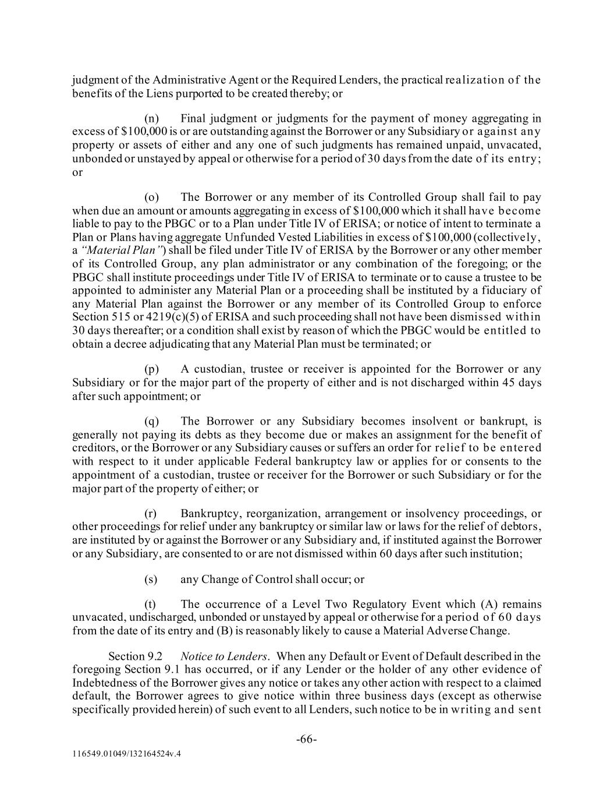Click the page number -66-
(x=307, y=740)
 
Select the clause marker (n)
(x=152, y=119)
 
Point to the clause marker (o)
(x=152, y=197)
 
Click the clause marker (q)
(x=152, y=421)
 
